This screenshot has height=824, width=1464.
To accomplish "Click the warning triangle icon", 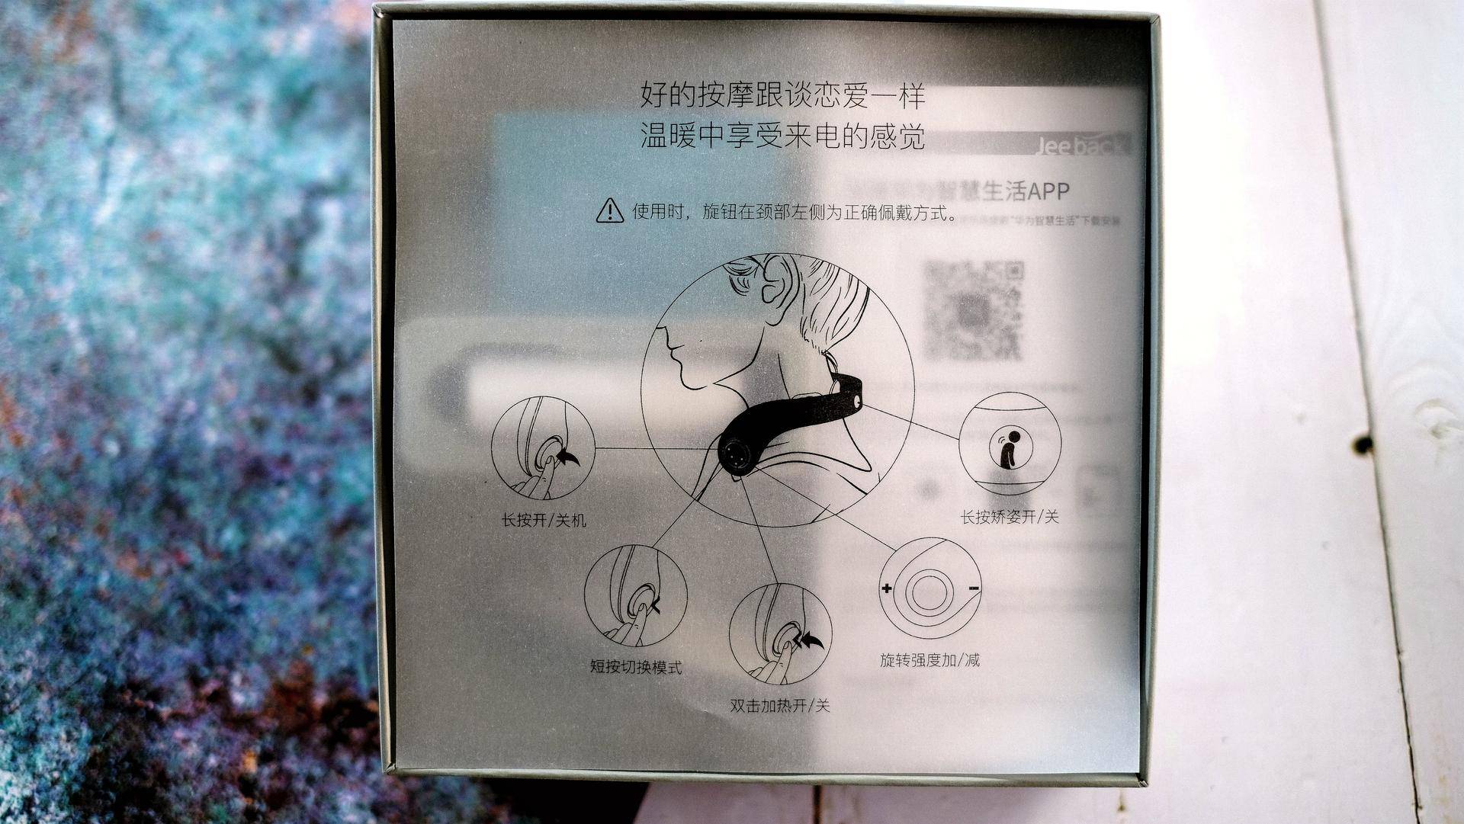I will tap(609, 210).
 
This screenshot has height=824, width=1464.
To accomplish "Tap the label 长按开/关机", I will tap(544, 521).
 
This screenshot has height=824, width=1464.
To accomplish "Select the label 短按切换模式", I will tap(636, 668).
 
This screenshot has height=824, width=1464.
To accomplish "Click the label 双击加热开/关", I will tap(780, 706).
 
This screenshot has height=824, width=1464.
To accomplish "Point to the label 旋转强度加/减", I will tap(929, 660).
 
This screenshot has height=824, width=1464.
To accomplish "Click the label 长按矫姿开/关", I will tap(1010, 518).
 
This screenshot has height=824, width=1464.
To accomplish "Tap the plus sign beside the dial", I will tap(887, 588).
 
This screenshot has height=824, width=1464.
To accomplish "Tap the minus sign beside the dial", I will tap(974, 588).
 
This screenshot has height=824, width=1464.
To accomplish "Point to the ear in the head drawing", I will tap(775, 280).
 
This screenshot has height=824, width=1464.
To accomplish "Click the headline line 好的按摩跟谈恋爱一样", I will tap(782, 98).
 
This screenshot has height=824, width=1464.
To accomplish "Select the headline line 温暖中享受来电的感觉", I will tap(782, 137).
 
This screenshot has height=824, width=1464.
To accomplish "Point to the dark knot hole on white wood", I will tap(1362, 443).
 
